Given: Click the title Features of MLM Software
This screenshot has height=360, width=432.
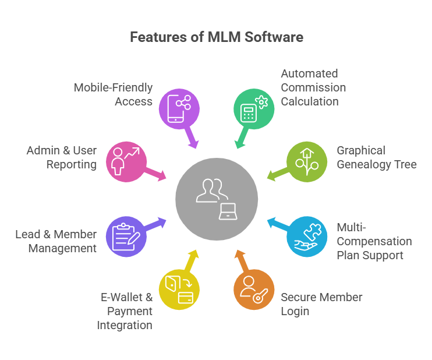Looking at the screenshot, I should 216,37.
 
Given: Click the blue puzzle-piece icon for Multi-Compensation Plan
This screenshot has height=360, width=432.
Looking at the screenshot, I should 306,236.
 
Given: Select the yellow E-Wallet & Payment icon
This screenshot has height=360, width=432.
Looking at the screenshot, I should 179,289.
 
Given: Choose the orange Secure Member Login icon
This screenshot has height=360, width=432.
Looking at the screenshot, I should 253,289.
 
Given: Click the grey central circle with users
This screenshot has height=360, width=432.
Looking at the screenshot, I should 216,199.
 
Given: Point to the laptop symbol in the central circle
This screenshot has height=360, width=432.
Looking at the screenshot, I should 228,211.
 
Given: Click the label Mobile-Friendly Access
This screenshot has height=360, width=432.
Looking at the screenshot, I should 113,94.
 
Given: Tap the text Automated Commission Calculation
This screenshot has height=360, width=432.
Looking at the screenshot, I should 313,87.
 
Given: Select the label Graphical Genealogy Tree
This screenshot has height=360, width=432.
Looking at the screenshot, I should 376,157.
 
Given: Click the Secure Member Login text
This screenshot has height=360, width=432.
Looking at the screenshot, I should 321,304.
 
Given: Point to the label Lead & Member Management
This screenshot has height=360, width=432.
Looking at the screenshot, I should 56,241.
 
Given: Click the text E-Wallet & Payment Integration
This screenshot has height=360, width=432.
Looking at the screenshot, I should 125,311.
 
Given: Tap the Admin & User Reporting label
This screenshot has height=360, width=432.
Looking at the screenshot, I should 62,157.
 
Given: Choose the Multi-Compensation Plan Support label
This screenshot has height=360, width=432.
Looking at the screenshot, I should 374,241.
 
